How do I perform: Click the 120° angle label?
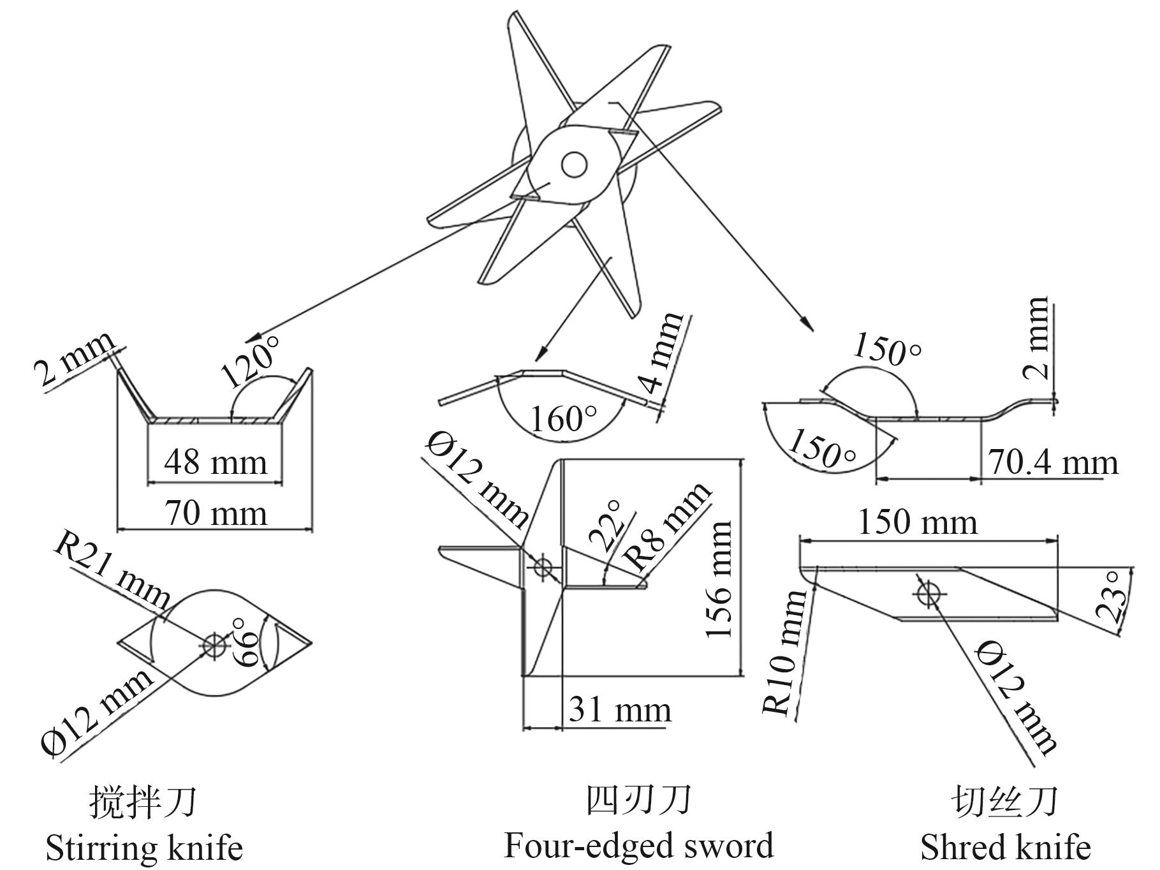click(251, 362)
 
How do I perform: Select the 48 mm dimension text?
click(216, 462)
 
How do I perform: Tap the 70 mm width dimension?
click(216, 513)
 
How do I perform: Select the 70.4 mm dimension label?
click(1053, 462)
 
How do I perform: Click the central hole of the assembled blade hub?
click(573, 165)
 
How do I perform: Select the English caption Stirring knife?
click(144, 848)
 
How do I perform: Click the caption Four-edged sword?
click(638, 845)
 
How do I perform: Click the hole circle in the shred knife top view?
click(928, 594)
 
